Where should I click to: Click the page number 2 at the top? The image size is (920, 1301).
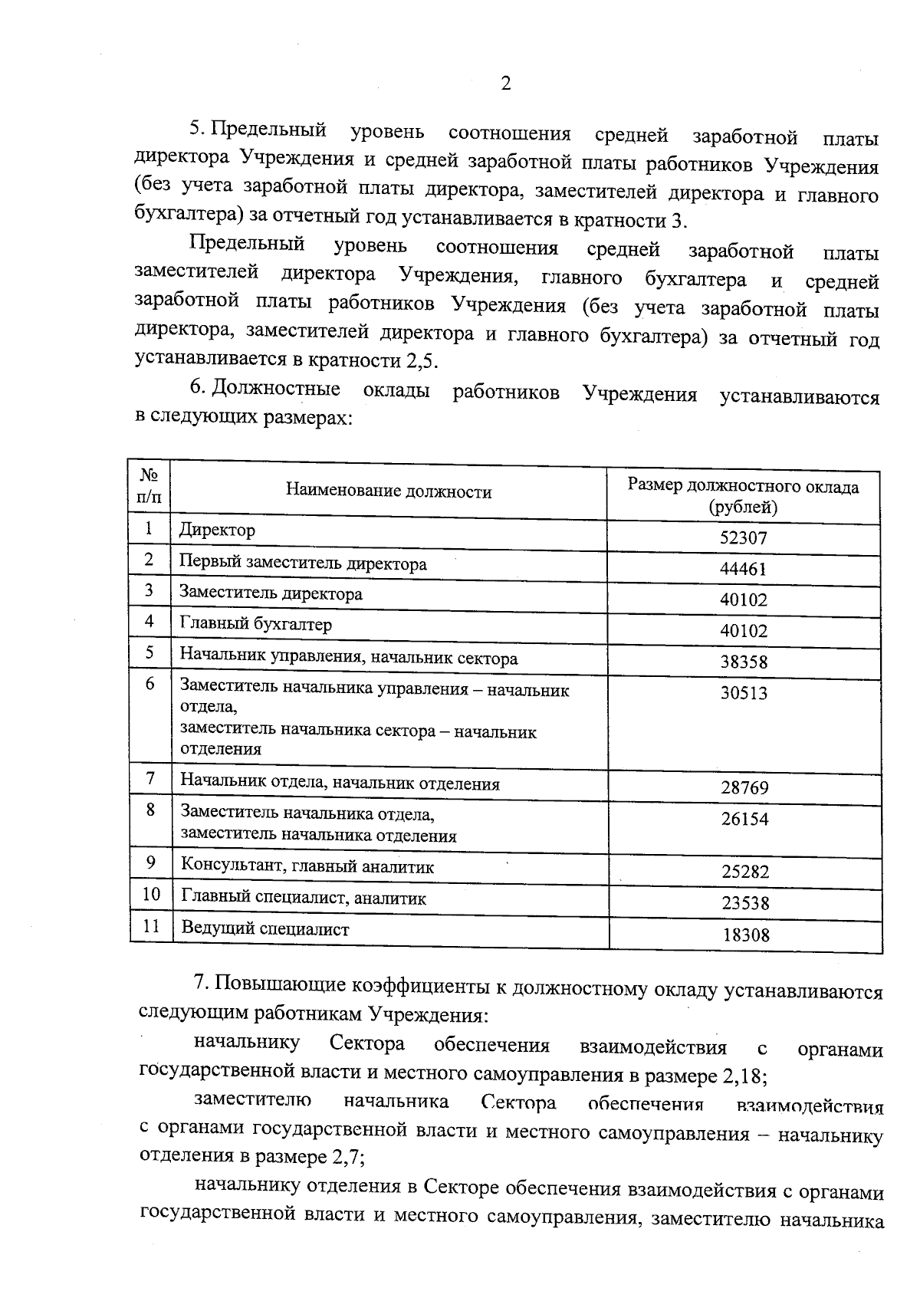[x=505, y=84]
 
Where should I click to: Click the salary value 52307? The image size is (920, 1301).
[x=743, y=538]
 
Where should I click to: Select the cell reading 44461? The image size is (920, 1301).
[x=743, y=569]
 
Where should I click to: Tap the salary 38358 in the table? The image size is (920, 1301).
[x=743, y=662]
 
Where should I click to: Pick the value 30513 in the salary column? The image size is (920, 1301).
[x=743, y=693]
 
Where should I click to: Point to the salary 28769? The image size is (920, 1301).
[x=744, y=787]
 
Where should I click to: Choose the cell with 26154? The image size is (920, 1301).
[x=744, y=819]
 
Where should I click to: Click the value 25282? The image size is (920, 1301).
[x=744, y=872]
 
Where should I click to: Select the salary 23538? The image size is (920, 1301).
[x=744, y=903]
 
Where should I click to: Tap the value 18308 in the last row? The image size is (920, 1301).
[x=745, y=935]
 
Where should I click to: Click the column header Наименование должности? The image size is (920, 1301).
[x=389, y=492]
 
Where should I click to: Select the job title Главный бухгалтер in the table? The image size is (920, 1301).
[x=255, y=624]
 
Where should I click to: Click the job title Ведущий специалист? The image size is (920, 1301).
[x=264, y=929]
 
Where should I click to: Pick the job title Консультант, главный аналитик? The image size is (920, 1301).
[x=307, y=867]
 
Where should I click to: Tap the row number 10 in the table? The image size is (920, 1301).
[x=151, y=894]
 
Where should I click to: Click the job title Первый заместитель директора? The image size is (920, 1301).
[x=303, y=563]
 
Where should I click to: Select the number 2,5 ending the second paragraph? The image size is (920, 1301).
[x=439, y=360]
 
